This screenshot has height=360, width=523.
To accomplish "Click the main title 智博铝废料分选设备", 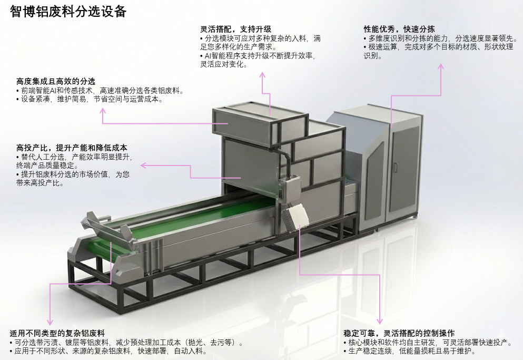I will (x=68, y=12).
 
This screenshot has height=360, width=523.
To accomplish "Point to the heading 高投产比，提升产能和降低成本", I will (x=72, y=147).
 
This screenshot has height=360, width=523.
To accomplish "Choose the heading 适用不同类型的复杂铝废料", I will (x=57, y=333).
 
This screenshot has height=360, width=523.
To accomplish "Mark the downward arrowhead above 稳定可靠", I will (x=379, y=321).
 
